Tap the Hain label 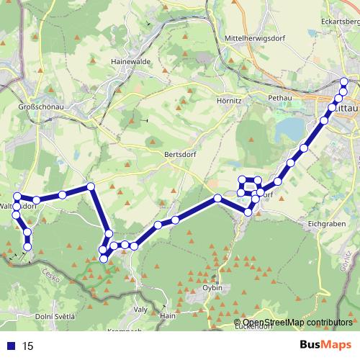(168, 315)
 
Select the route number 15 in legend (28, 346)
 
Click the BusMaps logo (325, 346)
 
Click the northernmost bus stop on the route (344, 81)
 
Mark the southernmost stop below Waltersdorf (28, 247)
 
